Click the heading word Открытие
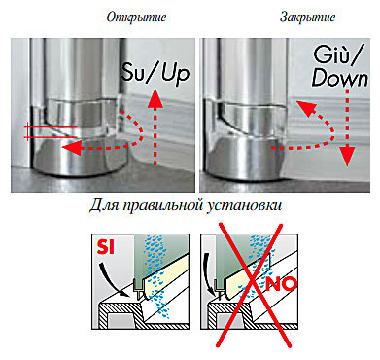click(136, 17)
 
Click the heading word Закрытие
click(307, 17)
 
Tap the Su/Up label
click(155, 74)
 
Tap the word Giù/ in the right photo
click(338, 56)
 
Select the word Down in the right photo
click(340, 78)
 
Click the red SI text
click(106, 248)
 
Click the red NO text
click(281, 284)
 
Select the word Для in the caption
click(104, 206)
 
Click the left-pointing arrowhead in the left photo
click(70, 148)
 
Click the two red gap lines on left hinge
click(52, 132)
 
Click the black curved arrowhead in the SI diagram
click(123, 293)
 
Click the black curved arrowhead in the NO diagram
click(211, 293)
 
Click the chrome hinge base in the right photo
click(246, 159)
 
